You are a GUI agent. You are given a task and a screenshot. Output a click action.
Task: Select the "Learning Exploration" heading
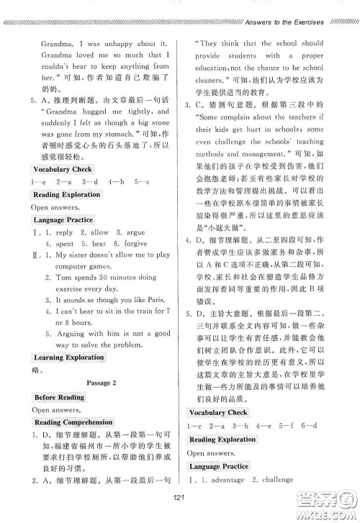coord(68,357)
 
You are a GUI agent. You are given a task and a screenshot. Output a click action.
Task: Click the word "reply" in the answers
coord(65,232)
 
